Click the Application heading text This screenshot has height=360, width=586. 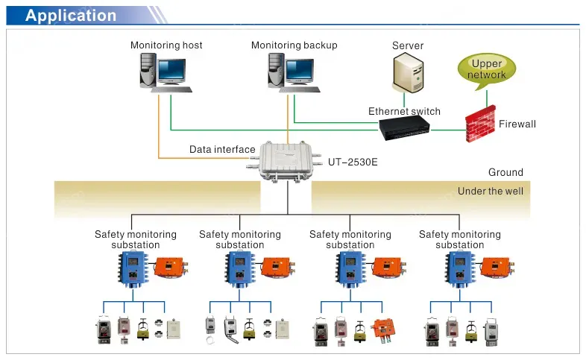(x=71, y=16)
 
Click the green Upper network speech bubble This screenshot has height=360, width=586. (x=486, y=69)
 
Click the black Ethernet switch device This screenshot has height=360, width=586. (x=406, y=129)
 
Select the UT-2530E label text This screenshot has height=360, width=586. (x=353, y=160)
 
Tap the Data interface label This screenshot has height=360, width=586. (x=222, y=150)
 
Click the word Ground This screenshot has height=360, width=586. (x=505, y=173)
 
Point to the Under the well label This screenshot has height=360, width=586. (x=490, y=192)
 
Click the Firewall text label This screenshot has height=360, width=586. (x=517, y=124)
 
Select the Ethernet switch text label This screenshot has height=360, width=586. (x=404, y=112)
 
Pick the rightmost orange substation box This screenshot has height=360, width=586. (x=496, y=266)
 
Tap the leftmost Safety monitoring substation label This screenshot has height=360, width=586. (x=136, y=239)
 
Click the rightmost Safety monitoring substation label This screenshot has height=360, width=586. (x=459, y=239)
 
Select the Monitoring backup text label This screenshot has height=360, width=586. (x=294, y=45)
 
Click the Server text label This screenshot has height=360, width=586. (x=408, y=46)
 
